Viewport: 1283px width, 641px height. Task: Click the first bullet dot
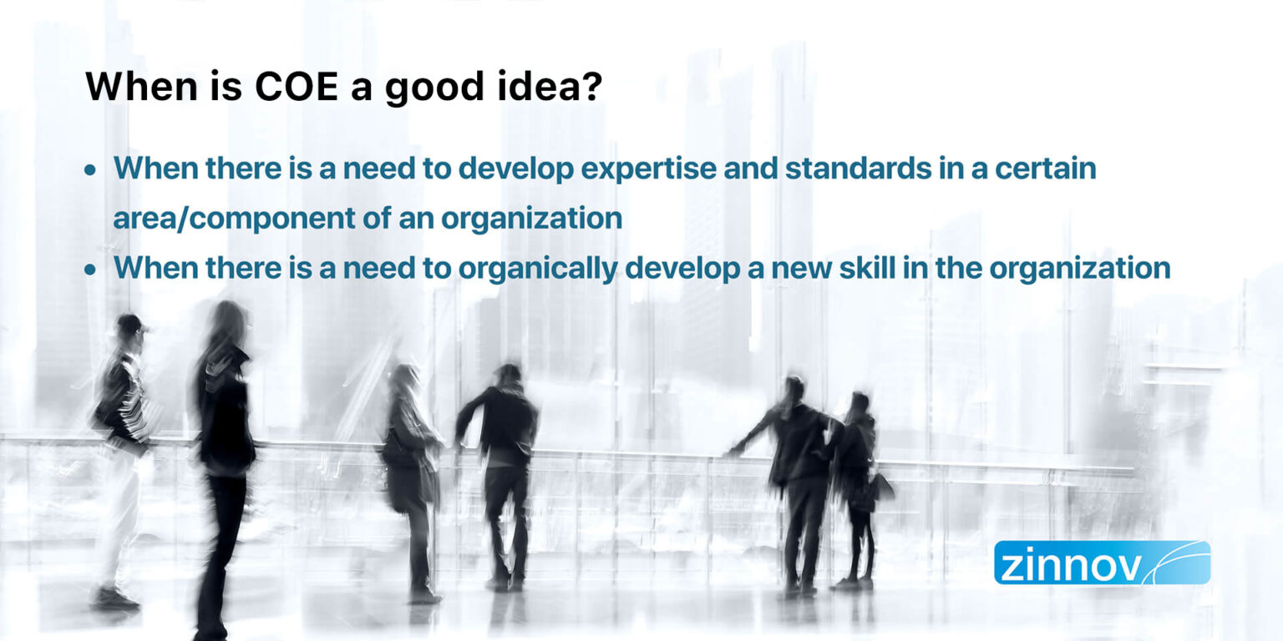[90, 170]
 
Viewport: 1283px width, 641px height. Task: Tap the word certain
[1047, 169]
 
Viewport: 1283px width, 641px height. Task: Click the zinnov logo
[1101, 563]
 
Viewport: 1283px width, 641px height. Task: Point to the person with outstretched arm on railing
[794, 467]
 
